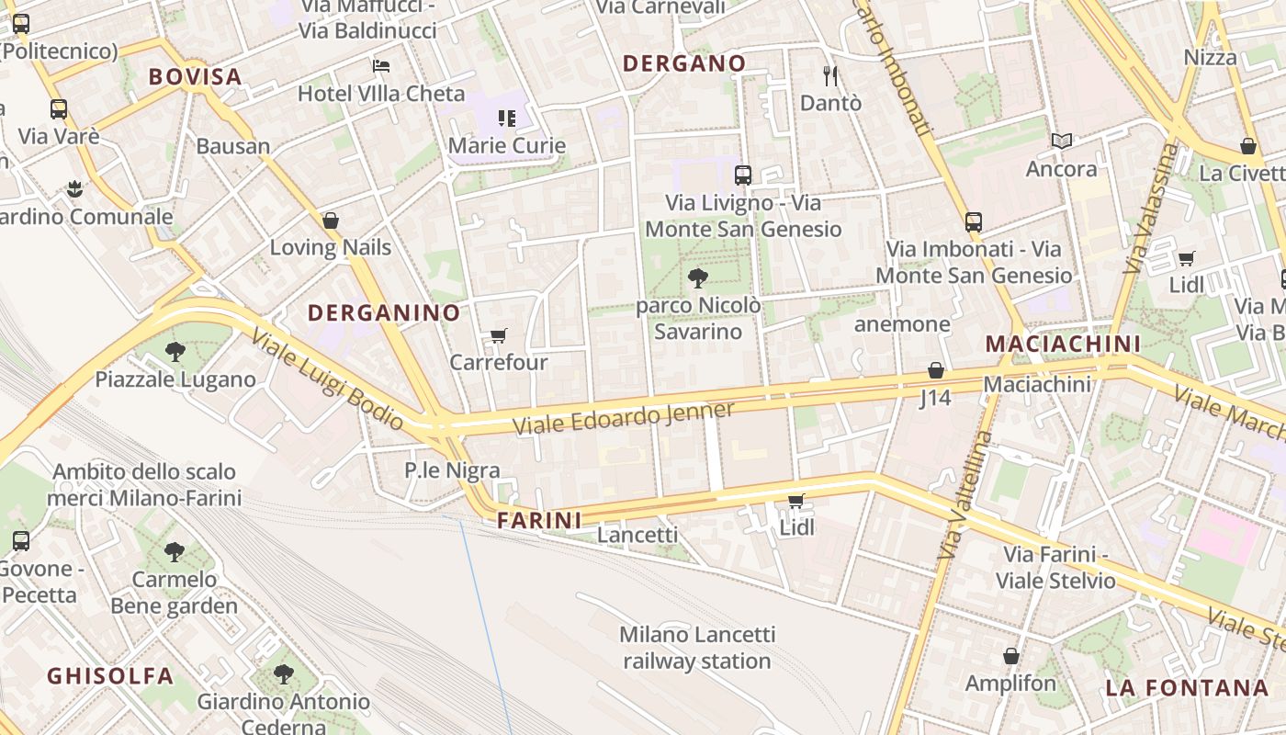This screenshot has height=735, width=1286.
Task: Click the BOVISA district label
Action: pyautogui.click(x=195, y=76)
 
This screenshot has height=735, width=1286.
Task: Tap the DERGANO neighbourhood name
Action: pyautogui.click(x=683, y=63)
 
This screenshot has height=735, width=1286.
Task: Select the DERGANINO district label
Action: pyautogui.click(x=384, y=312)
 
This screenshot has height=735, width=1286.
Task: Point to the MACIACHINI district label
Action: pyautogui.click(x=1063, y=344)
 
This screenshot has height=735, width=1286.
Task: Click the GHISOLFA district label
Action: pyautogui.click(x=110, y=676)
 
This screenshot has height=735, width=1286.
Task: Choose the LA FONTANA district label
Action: pyautogui.click(x=1187, y=687)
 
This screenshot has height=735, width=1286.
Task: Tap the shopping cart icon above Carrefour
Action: pyautogui.click(x=498, y=336)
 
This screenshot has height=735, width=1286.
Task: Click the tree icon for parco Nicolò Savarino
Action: pyautogui.click(x=698, y=277)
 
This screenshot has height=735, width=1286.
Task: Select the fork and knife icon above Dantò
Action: pyautogui.click(x=830, y=75)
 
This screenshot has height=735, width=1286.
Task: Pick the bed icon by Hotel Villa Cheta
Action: pyautogui.click(x=381, y=65)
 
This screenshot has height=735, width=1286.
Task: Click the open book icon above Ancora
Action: pyautogui.click(x=1062, y=141)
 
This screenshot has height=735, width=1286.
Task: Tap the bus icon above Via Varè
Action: pyautogui.click(x=59, y=109)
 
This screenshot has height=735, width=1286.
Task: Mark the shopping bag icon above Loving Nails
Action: pyautogui.click(x=331, y=220)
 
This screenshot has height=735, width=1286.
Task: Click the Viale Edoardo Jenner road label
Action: pyautogui.click(x=624, y=418)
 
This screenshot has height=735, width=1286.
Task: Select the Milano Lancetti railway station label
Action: pyautogui.click(x=697, y=648)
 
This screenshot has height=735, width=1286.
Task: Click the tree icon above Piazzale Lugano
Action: pyautogui.click(x=175, y=351)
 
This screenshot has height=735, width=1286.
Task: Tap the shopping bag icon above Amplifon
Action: pyautogui.click(x=1010, y=656)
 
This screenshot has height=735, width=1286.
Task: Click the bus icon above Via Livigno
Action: pyautogui.click(x=743, y=175)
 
